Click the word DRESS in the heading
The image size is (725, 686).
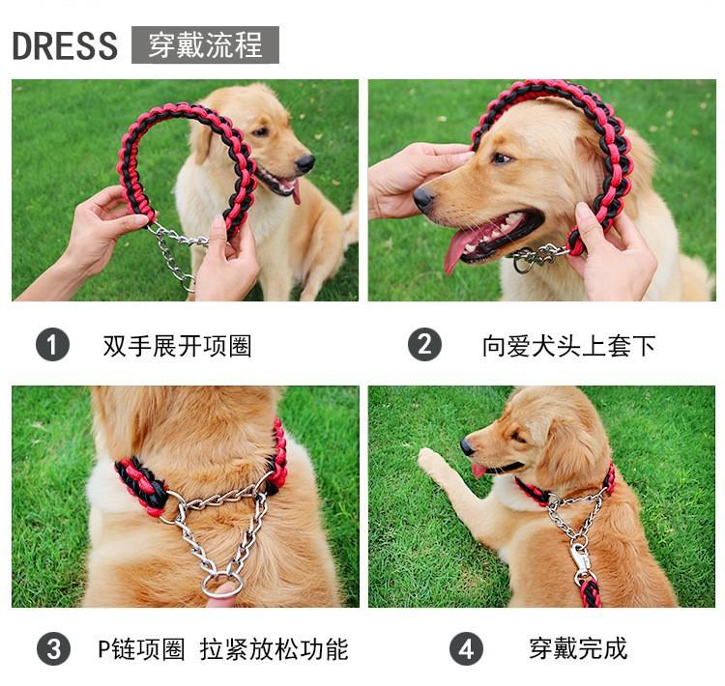65,45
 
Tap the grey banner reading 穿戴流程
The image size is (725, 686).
205,44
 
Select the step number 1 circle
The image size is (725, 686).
53,344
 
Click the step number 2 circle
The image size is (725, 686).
424,344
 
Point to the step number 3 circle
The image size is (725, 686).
53,648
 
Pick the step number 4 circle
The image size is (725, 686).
466,648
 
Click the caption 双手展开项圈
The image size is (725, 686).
177,346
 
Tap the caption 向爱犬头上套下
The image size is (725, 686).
568,346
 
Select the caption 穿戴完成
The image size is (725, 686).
578,648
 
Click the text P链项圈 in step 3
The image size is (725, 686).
141,649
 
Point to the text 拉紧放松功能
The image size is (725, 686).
275,649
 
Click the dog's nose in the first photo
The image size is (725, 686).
304,163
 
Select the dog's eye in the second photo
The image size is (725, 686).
503,158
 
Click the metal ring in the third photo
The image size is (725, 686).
222,586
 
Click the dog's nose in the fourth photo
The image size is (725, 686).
467,446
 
